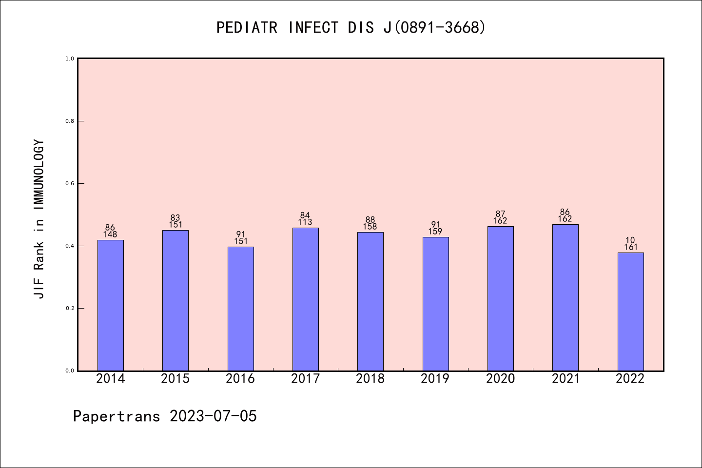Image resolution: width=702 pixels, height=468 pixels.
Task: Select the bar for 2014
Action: tap(110, 305)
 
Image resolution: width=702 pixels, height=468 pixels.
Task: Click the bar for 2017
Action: tap(305, 299)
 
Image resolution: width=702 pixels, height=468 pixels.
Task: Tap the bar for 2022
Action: tap(630, 312)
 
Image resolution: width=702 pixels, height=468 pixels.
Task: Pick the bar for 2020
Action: tap(500, 298)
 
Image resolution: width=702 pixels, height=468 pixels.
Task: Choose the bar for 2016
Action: tap(240, 309)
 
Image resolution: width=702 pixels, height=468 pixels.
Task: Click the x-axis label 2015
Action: tap(175, 379)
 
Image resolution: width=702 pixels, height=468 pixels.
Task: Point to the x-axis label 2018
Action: tap(370, 379)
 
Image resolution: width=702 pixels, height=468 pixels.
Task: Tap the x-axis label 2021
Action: tap(565, 379)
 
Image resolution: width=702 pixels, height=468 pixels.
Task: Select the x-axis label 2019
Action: tap(435, 379)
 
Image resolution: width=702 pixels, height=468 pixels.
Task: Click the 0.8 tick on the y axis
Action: tap(70, 121)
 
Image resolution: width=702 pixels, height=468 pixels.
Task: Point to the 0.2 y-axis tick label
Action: tap(70, 308)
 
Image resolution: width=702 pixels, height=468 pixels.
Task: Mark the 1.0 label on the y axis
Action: tap(70, 58)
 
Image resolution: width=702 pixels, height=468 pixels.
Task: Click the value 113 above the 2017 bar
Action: tap(305, 223)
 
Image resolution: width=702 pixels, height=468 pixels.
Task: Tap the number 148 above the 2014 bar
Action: tap(110, 234)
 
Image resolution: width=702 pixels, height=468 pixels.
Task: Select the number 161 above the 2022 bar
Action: tap(630, 247)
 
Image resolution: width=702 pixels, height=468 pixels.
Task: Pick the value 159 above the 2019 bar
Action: tap(435, 232)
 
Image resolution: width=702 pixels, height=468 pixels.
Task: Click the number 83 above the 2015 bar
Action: tap(175, 218)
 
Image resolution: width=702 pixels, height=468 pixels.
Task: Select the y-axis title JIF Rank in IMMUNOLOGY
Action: tap(39, 219)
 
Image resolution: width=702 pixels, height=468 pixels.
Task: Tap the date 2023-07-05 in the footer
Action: tap(213, 416)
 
